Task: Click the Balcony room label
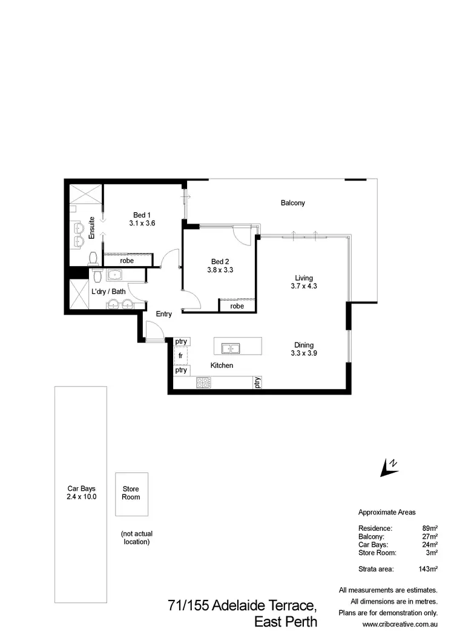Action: click(x=292, y=203)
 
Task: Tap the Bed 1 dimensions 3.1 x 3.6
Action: click(x=142, y=223)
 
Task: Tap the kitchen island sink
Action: click(x=229, y=348)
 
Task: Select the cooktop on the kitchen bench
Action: click(x=202, y=382)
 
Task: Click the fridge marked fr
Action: click(x=180, y=356)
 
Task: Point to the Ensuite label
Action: click(x=92, y=228)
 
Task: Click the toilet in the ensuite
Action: click(x=93, y=259)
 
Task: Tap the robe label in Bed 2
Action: click(x=237, y=307)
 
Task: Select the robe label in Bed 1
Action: click(x=127, y=261)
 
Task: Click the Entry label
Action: click(x=164, y=314)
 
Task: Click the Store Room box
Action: click(x=131, y=493)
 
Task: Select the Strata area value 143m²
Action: click(x=427, y=569)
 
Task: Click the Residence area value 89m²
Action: click(x=429, y=528)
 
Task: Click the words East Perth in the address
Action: click(x=285, y=622)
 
